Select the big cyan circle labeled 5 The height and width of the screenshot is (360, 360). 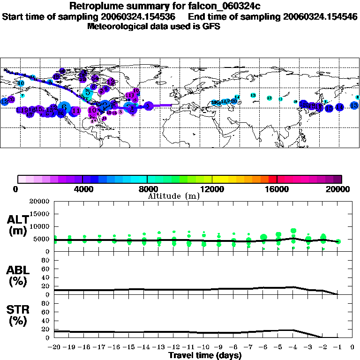[87, 93]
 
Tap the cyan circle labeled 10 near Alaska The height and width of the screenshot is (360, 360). [21, 83]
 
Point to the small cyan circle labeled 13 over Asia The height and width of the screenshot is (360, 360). [253, 95]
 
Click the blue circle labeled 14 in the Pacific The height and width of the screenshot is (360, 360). [339, 107]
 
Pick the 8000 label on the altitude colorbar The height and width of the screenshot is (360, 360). [147, 189]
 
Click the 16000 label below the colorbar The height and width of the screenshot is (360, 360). [277, 189]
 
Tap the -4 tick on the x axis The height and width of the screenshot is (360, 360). [293, 347]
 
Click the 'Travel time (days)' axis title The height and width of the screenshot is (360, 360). [205, 355]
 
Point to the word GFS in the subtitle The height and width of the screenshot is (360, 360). [211, 26]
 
